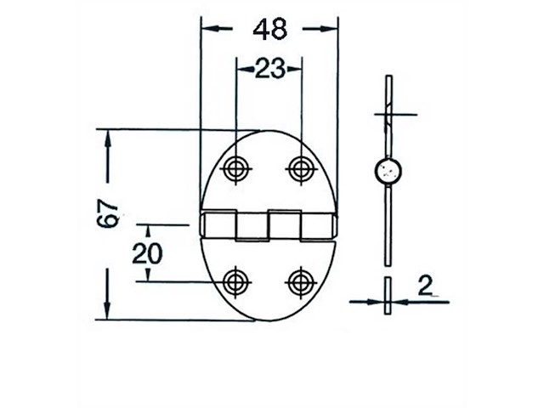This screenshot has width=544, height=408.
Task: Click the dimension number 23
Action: tap(269, 69)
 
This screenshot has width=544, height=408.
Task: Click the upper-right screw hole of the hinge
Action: tap(299, 168)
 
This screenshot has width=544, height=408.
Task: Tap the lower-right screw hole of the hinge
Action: tap(299, 281)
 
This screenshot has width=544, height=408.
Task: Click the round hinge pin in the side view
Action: tap(388, 172)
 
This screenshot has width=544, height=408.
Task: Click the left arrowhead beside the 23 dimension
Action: tap(241, 69)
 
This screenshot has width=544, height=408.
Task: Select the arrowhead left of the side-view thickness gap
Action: tap(377, 300)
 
